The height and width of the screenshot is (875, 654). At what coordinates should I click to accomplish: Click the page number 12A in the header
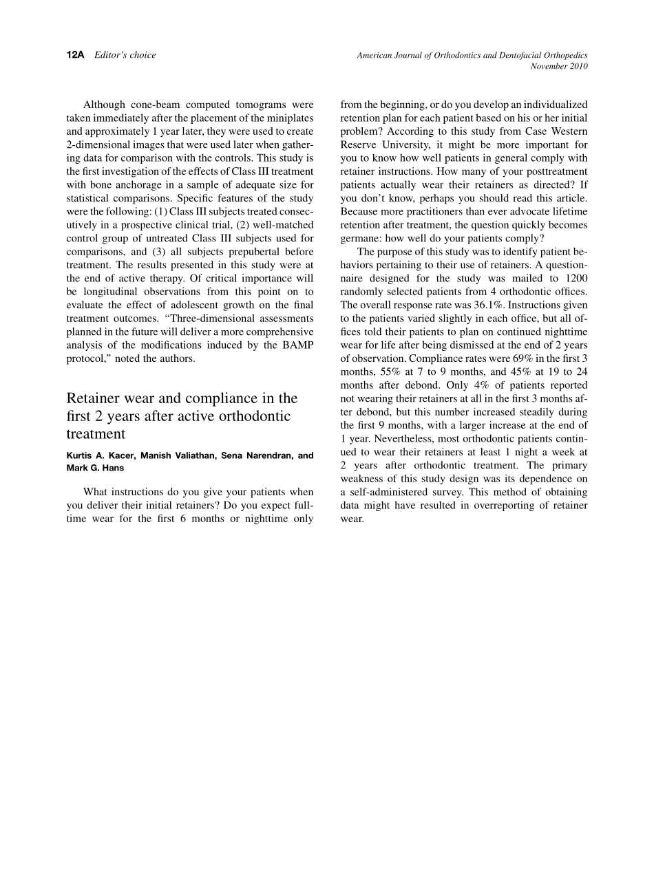[x=75, y=55]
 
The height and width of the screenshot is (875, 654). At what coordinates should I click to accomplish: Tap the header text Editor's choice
[x=125, y=55]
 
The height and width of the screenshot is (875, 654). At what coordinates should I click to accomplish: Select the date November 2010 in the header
[x=559, y=66]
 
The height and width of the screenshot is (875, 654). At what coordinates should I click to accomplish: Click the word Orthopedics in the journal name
[x=562, y=55]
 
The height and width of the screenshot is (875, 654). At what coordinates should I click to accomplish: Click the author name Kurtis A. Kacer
[x=101, y=455]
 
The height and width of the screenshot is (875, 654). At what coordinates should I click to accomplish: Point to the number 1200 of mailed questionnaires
[x=576, y=278]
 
